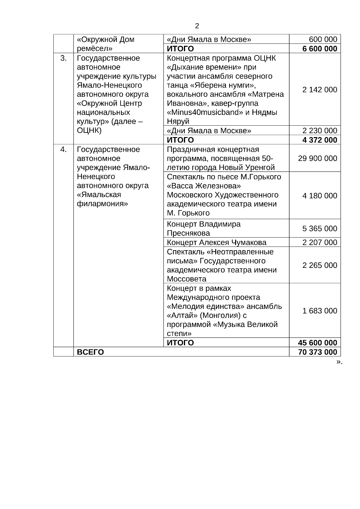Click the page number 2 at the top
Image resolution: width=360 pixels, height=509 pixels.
pos(197,26)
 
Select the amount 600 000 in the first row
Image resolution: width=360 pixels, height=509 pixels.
pos(323,39)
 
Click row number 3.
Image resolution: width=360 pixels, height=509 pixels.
pos(64,58)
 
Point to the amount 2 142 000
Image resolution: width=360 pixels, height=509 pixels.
pos(320,90)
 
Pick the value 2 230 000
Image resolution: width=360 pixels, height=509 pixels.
pos(320,130)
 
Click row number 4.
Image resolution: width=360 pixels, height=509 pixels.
pos(64,149)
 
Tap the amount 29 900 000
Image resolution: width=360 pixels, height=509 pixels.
pos(317,158)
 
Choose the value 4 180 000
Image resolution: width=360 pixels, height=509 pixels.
pos(320,196)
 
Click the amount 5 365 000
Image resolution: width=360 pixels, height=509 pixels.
pos(320,229)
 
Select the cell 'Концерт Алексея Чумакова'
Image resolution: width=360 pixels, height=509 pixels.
pos(217,242)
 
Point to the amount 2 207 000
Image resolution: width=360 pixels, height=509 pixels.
pos(320,242)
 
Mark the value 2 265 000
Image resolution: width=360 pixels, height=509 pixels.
pos(320,265)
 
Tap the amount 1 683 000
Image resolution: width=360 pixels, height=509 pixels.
pos(320,311)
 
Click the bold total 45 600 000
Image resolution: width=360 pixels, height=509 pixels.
pos(317,343)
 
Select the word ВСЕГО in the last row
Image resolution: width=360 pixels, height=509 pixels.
pos(90,352)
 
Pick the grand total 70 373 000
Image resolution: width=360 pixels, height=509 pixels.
pos(317,352)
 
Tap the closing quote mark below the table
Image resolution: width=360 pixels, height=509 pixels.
pos(339,362)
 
